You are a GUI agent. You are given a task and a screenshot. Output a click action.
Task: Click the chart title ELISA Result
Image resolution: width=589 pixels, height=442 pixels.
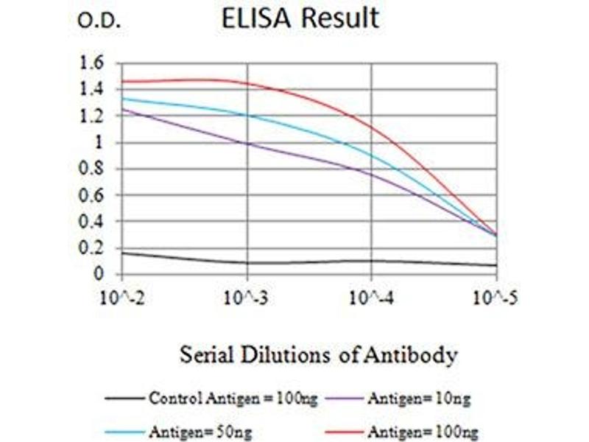pos(300,18)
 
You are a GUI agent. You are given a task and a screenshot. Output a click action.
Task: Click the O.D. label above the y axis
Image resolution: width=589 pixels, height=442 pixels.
pos(99,21)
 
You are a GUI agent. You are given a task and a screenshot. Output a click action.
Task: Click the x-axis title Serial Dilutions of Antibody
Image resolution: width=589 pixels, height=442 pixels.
pos(319,356)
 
